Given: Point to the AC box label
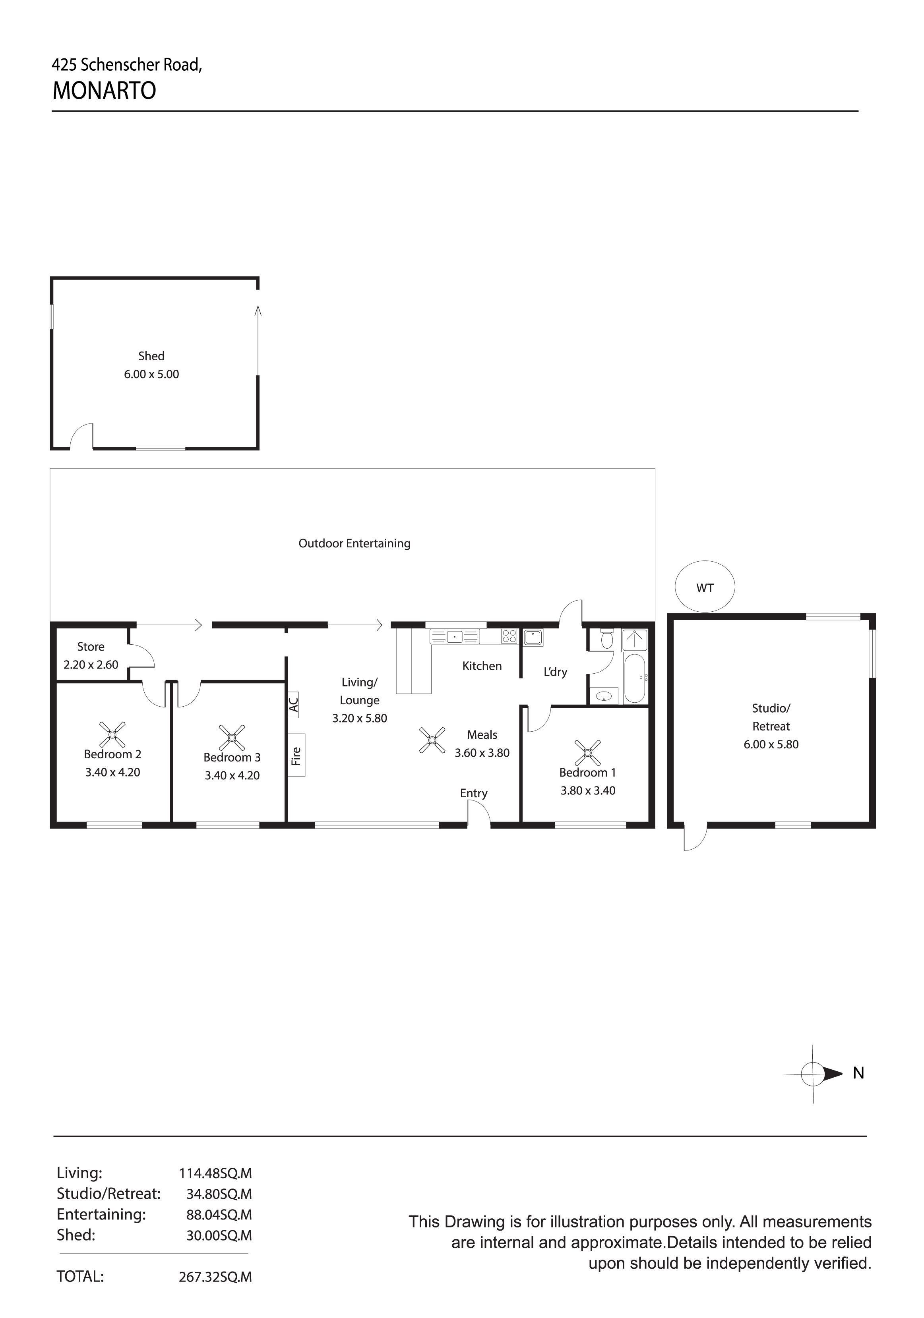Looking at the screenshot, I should click(x=293, y=704).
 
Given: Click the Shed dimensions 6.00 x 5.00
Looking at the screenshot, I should click(x=151, y=374).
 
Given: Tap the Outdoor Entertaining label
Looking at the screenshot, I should click(x=354, y=543).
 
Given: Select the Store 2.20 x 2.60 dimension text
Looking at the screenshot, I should click(x=91, y=665).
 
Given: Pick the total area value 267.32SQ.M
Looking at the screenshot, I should click(x=215, y=1277).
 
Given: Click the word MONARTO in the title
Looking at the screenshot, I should click(x=104, y=91).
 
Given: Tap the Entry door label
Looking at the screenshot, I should click(x=473, y=793).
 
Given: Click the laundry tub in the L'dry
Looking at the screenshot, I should click(x=533, y=637).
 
